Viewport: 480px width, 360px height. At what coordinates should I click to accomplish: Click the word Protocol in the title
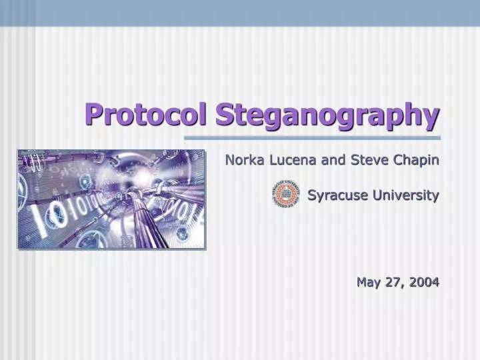(x=147, y=114)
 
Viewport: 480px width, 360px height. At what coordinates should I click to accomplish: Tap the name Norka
(x=243, y=160)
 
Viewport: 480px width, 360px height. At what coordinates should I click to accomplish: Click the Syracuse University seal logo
(x=285, y=195)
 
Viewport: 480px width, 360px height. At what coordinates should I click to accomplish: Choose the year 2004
(x=424, y=282)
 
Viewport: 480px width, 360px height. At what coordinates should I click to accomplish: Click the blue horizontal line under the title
(x=312, y=138)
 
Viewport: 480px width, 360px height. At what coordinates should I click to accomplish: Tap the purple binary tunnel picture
(x=111, y=199)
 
